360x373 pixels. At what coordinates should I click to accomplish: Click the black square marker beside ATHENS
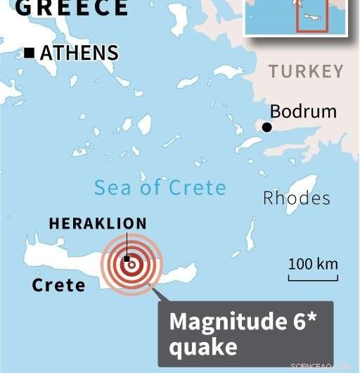[30, 53]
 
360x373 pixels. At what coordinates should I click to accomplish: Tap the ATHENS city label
[79, 53]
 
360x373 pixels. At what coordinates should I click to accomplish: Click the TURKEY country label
[307, 72]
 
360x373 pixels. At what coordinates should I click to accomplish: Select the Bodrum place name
[303, 111]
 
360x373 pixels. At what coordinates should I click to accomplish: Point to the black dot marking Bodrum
[267, 127]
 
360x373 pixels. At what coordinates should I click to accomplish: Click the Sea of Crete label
[160, 187]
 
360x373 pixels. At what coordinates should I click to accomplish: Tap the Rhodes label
[296, 198]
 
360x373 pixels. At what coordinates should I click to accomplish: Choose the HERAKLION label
[98, 224]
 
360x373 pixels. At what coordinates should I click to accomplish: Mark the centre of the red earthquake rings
[131, 265]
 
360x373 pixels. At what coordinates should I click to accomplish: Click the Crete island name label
[58, 285]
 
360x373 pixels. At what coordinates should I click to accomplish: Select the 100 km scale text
[313, 265]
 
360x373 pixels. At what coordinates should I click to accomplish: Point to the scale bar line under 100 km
[313, 278]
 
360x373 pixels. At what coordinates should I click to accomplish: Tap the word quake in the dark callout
[202, 346]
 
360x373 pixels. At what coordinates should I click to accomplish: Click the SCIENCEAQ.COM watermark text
[325, 366]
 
